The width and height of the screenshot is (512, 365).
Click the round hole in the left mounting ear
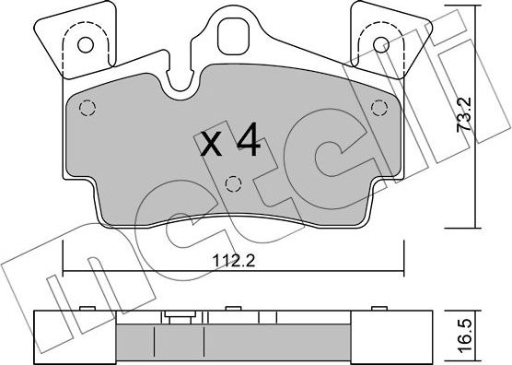coord(86,42)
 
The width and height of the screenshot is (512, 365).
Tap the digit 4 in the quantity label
coord(247,141)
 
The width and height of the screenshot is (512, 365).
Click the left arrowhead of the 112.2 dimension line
coord(65,271)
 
